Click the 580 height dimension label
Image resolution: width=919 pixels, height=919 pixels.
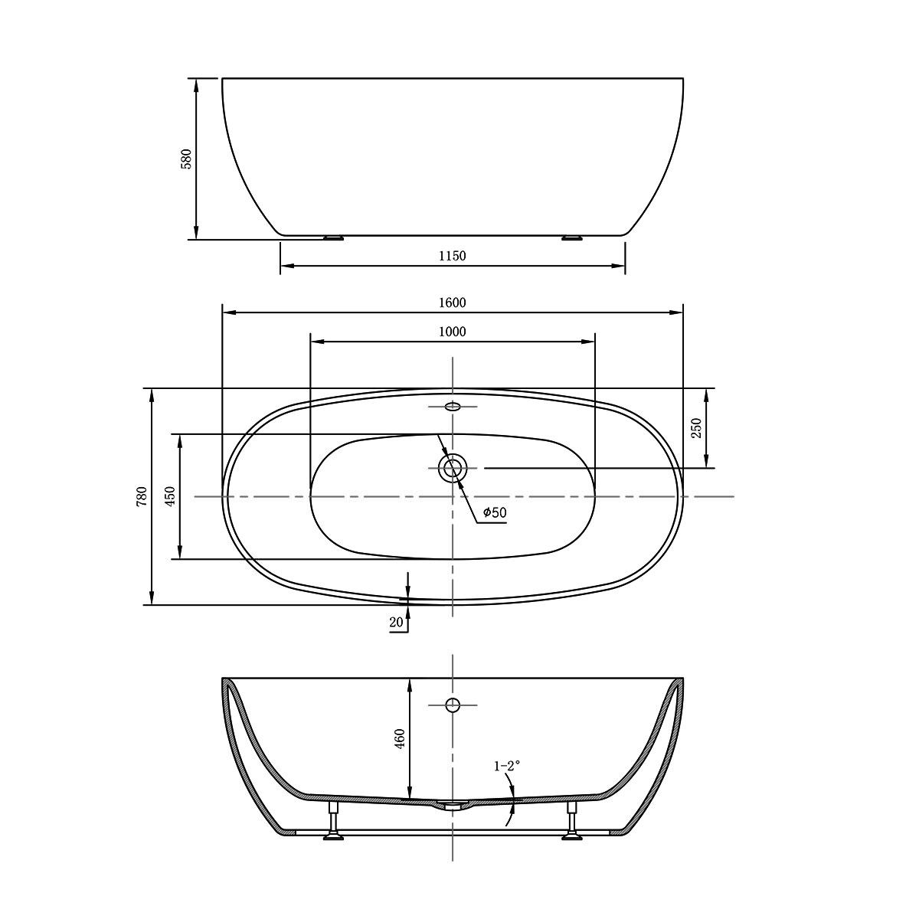point(186,159)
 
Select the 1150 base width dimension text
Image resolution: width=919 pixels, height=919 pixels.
point(453,256)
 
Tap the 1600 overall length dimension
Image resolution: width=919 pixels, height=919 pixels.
point(453,303)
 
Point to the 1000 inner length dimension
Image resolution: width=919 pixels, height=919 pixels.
point(453,332)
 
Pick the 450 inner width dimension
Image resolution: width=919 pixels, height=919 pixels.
point(170,496)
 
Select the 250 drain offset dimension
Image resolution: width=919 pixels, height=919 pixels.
point(696,427)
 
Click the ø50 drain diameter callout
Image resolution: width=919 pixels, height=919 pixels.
point(495,513)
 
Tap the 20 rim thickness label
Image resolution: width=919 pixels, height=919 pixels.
point(396,623)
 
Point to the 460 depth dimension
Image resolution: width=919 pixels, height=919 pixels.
point(400,739)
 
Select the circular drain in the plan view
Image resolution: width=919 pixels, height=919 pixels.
point(453,468)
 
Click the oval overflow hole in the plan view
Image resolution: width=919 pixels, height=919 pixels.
point(453,407)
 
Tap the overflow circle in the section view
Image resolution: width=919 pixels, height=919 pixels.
point(453,705)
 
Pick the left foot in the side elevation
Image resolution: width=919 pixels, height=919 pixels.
point(333,237)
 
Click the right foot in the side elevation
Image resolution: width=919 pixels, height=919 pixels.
point(572,237)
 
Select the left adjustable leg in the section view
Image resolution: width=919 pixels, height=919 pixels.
point(333,823)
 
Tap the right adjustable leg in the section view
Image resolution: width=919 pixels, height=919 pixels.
point(572,823)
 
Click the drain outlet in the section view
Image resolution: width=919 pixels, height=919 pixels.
point(453,805)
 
